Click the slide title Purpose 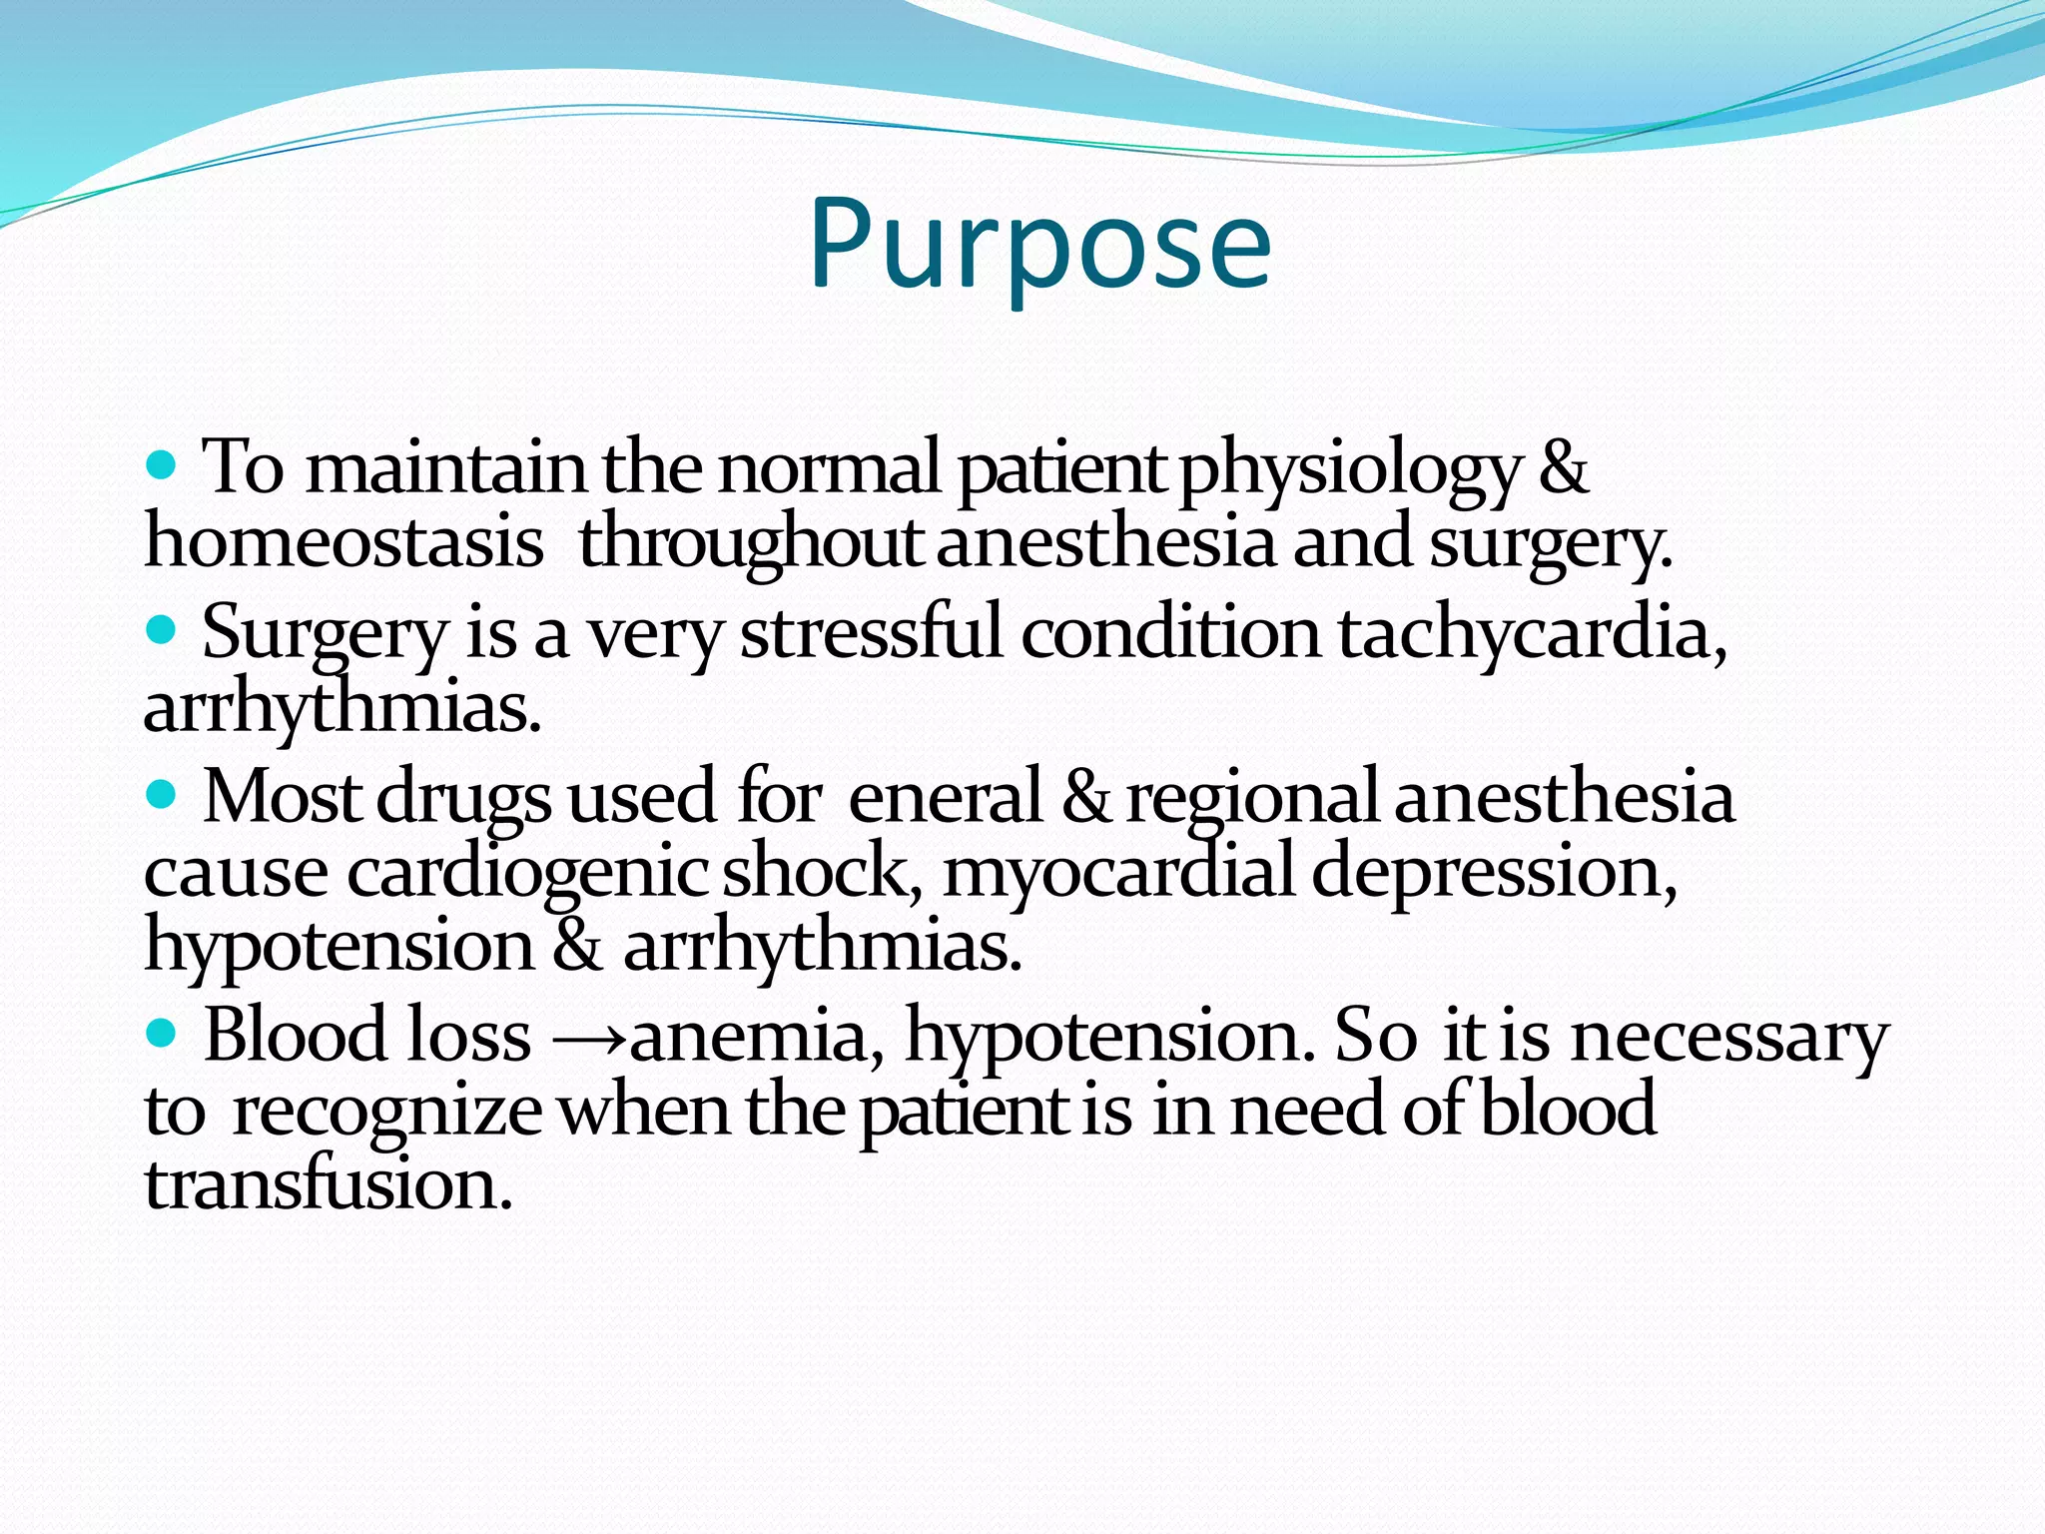[1039, 245]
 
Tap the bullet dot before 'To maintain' [161, 464]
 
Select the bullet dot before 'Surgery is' [161, 630]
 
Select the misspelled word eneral [944, 799]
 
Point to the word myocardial [1117, 873]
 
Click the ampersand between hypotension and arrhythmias [577, 946]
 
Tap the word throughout [750, 544]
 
